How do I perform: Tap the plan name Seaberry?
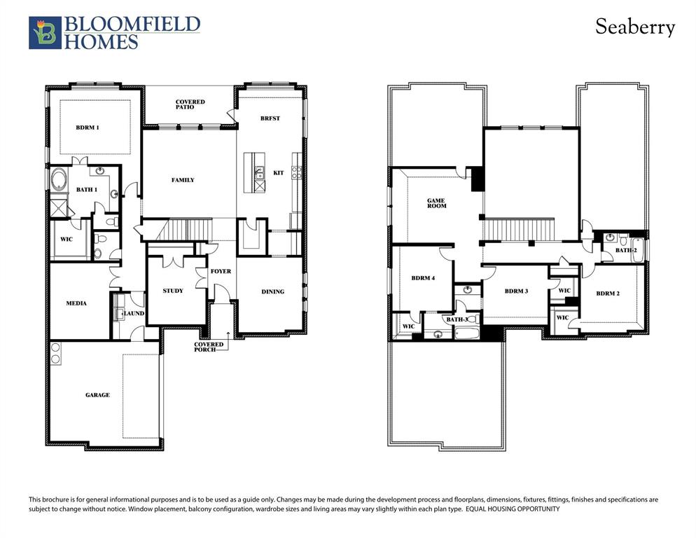click(x=635, y=27)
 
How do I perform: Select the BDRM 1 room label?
click(x=88, y=127)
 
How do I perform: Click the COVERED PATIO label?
click(x=190, y=104)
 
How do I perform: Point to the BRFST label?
click(x=270, y=118)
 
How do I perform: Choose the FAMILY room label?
click(x=183, y=180)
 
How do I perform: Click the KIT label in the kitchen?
click(x=279, y=172)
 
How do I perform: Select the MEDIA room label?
click(x=76, y=303)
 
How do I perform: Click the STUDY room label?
click(x=173, y=291)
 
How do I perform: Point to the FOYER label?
click(x=221, y=271)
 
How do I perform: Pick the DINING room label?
click(x=272, y=291)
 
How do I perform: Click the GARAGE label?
click(x=97, y=395)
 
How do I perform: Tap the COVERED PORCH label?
click(x=209, y=346)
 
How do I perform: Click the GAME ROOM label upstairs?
click(x=436, y=204)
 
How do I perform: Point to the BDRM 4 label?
click(x=424, y=278)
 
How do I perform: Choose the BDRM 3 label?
click(x=515, y=291)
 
